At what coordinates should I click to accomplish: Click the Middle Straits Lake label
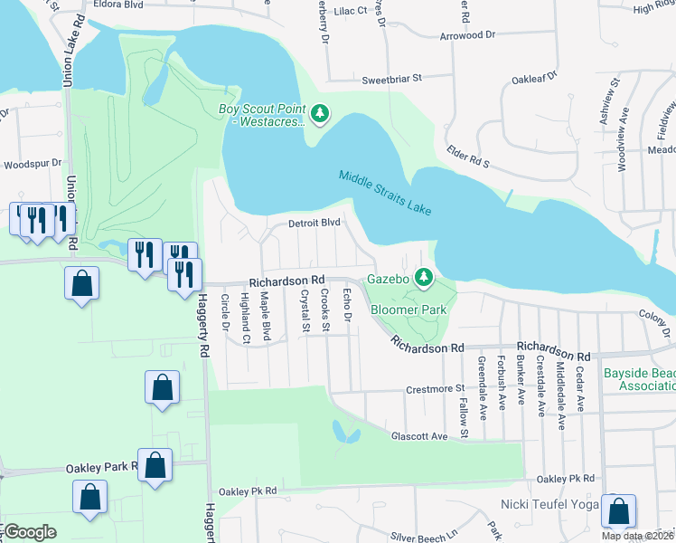386,192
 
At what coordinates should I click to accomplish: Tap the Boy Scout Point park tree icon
319,114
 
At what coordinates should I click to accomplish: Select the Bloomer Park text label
409,310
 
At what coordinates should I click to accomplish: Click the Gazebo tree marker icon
421,276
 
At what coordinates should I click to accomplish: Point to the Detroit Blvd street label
314,223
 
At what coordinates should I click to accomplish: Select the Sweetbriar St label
392,80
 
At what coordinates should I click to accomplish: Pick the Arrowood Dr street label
468,34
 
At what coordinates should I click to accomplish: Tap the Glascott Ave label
419,436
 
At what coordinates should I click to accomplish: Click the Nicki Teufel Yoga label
550,503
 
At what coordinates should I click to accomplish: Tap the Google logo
30,532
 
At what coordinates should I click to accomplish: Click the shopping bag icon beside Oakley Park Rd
155,465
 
